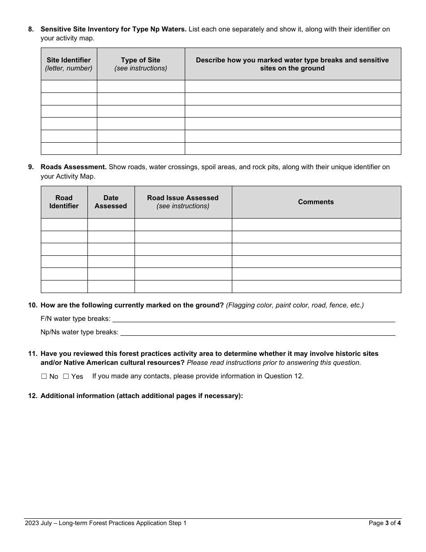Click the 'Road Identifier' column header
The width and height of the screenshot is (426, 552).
pos(64,202)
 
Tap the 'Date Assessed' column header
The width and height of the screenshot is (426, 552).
pos(111,202)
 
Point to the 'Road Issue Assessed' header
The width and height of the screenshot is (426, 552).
pos(183,198)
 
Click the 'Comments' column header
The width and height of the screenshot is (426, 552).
pos(316,202)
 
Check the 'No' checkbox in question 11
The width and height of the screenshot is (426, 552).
pos(44,377)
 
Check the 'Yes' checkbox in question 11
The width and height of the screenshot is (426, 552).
pos(66,377)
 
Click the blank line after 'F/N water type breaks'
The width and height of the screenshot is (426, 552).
pos(253,319)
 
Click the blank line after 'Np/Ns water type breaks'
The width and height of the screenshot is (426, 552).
pos(258,332)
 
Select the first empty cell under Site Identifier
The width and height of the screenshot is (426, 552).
pos(69,87)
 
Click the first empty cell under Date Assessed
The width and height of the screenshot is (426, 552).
pos(111,224)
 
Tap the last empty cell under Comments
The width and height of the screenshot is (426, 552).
pos(316,286)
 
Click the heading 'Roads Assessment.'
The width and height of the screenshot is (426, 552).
pos(74,167)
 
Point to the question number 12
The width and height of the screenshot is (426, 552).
pos(32,396)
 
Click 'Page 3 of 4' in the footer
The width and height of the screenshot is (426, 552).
pos(384,523)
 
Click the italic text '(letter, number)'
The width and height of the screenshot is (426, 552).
pos(69,68)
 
